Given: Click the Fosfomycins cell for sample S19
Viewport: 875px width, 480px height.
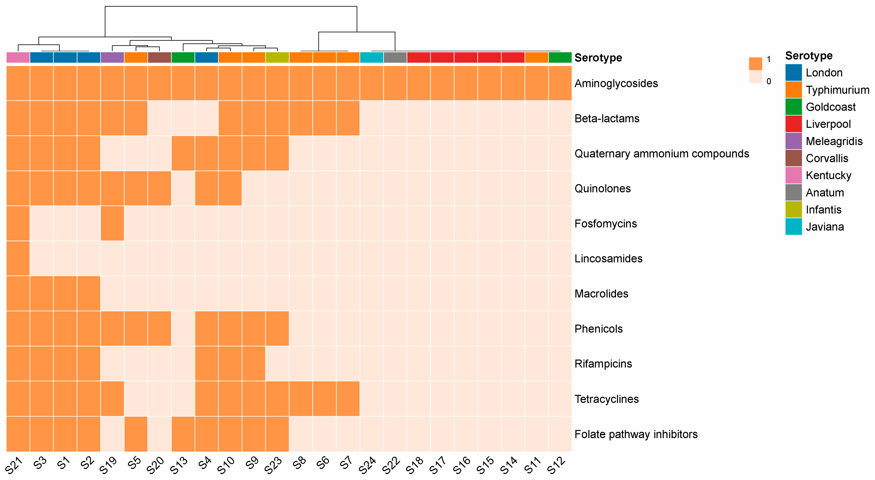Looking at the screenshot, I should click(x=112, y=223).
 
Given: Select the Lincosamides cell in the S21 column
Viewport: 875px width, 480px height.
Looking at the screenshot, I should click(x=18, y=258).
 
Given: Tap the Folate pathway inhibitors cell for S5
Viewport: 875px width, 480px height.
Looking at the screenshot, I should click(x=136, y=434).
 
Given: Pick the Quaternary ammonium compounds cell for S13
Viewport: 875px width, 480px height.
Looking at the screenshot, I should click(x=183, y=153).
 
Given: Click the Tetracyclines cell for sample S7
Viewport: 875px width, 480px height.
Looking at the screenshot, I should click(x=348, y=399).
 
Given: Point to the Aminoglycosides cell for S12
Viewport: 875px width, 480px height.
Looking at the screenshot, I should click(x=560, y=83).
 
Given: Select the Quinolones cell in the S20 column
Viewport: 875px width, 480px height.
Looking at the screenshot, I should click(x=159, y=188).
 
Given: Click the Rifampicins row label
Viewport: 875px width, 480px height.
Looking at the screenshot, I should click(x=603, y=364).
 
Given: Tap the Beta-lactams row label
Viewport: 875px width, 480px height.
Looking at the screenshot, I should click(x=607, y=118).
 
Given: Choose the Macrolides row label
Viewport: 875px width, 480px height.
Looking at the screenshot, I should click(x=601, y=294).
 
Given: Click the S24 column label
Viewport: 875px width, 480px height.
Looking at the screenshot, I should click(x=367, y=465).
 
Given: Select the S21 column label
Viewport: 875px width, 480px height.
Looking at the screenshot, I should click(x=14, y=465).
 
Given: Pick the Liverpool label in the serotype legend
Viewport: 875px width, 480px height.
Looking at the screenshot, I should click(x=828, y=124).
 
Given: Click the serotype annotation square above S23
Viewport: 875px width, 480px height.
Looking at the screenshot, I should click(x=277, y=57).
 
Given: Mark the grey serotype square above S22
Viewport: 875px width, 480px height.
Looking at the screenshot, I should click(x=395, y=57).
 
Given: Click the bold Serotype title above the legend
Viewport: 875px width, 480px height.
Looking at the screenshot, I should click(x=809, y=55).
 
